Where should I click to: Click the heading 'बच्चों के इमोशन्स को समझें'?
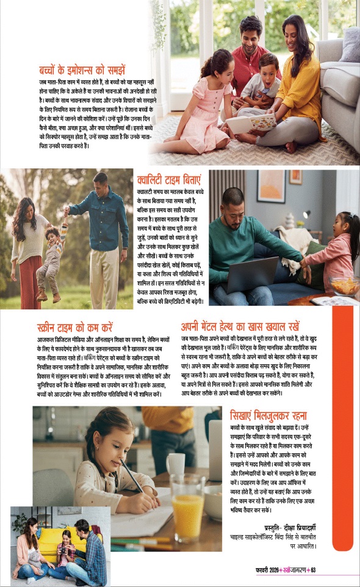90,69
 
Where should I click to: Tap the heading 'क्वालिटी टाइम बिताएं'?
169,181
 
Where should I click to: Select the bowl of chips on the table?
343,284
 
